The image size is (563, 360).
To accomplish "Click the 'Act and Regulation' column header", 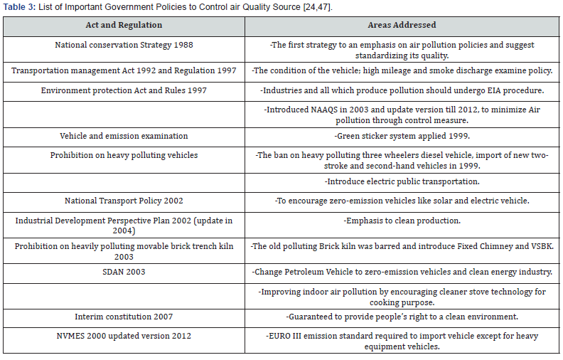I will pos(124,26).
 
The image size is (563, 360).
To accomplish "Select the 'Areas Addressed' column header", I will pos(402,26).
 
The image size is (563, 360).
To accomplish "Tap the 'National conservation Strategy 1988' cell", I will pos(124,45).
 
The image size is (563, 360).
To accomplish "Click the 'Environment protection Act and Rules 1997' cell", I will pos(124,91).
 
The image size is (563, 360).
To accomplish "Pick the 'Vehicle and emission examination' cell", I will pos(124,136).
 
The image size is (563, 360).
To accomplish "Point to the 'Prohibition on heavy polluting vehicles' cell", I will pos(124,155).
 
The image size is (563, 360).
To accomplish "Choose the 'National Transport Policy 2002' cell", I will pos(124,201).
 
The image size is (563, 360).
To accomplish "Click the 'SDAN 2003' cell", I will pos(124,272).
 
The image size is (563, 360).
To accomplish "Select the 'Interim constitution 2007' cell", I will pos(124,317).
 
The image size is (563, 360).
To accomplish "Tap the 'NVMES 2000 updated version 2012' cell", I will pos(124,336).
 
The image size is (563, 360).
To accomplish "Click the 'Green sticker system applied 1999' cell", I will pos(402,136).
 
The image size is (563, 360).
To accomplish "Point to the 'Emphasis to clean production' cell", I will pos(402,221).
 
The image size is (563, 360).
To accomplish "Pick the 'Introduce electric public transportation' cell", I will pos(402,181).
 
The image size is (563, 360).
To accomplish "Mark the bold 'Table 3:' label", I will pos(19,7).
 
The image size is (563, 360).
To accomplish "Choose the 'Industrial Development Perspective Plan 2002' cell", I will pos(124,226).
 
